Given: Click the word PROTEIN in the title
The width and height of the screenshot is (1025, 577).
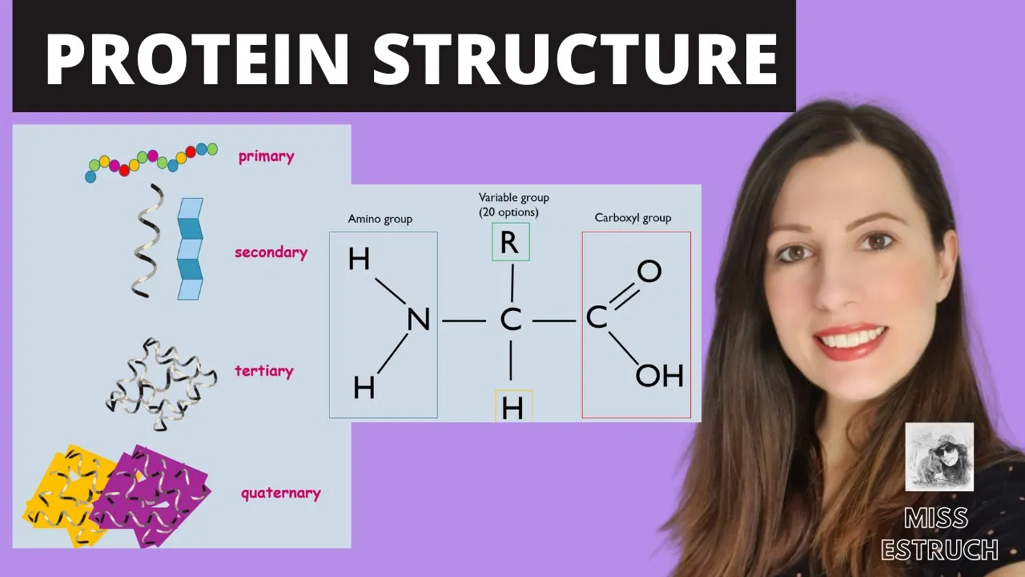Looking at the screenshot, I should (195, 59).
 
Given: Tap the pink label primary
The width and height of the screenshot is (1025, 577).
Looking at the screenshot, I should (266, 156).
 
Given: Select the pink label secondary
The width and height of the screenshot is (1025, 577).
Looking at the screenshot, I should (271, 252).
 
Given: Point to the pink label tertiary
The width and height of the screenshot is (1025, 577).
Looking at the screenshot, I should (263, 371).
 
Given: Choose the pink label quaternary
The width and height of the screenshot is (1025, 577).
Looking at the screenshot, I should (280, 493).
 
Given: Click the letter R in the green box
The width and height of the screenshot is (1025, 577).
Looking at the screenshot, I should (509, 243).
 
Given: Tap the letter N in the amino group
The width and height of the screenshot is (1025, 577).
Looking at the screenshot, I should (418, 321).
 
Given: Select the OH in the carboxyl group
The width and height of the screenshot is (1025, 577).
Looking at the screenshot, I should (659, 375).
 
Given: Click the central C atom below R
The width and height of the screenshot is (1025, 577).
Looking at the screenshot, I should (510, 321).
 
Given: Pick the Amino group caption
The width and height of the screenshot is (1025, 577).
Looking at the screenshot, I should (380, 219).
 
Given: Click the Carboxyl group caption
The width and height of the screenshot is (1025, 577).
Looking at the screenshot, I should (633, 218).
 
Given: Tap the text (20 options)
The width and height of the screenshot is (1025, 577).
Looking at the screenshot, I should (508, 212).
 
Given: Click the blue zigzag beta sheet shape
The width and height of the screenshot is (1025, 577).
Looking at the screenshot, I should (190, 249).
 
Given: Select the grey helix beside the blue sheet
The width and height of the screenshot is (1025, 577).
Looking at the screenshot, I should (143, 240).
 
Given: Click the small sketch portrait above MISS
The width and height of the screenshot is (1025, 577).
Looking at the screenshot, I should (939, 456).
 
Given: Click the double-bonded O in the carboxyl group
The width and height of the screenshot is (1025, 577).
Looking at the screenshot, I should (649, 271).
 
